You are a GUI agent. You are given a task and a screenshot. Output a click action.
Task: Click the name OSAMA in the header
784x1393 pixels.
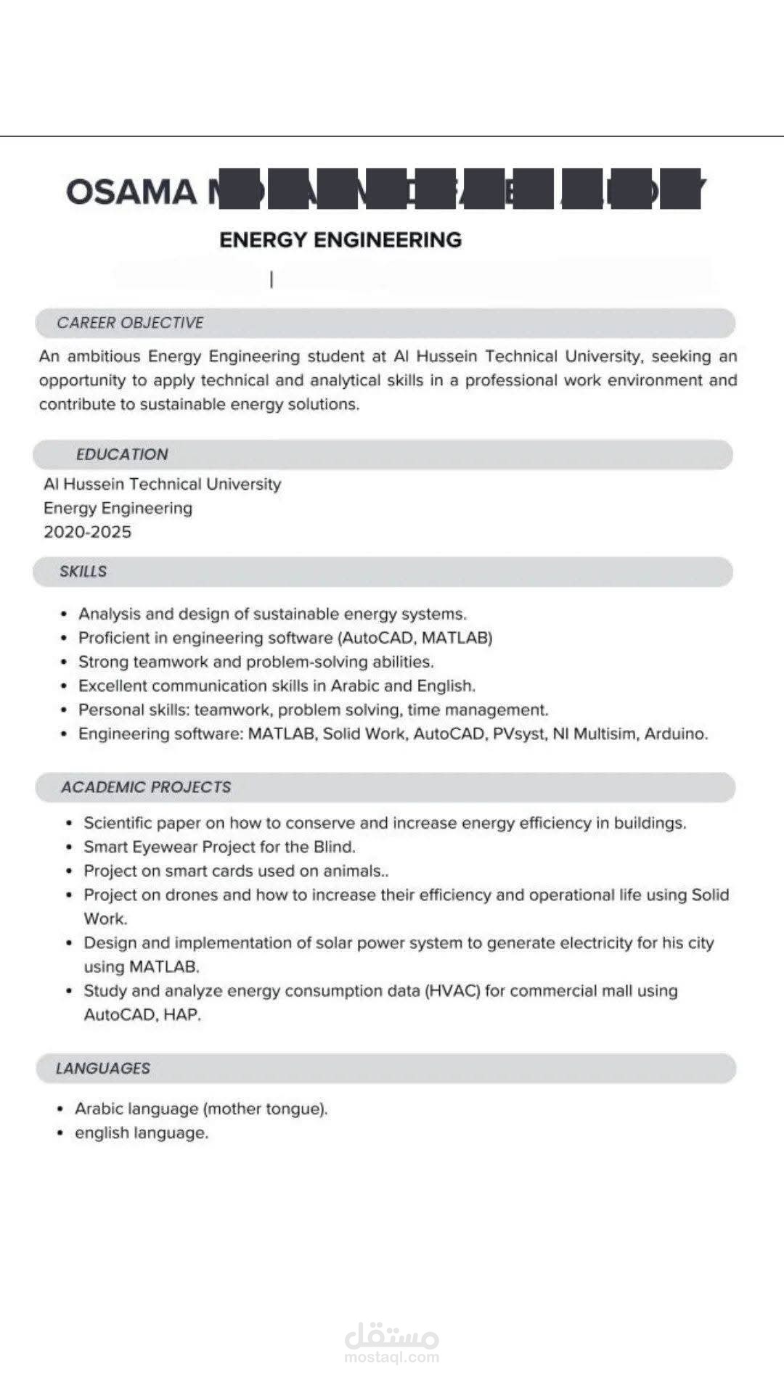pyautogui.click(x=131, y=192)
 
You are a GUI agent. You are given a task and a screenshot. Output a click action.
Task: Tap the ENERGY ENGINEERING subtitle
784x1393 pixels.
pyautogui.click(x=340, y=240)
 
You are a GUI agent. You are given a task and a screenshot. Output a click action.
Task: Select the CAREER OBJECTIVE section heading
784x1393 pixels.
pyautogui.click(x=130, y=323)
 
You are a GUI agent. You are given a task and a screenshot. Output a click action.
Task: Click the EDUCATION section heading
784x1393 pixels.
pyautogui.click(x=122, y=455)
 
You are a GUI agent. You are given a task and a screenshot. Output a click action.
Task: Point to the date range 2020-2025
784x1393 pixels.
pyautogui.click(x=87, y=533)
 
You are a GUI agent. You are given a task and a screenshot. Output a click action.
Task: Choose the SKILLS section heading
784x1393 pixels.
pyautogui.click(x=83, y=572)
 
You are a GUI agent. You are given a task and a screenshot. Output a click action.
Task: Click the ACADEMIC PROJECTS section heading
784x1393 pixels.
pyautogui.click(x=146, y=787)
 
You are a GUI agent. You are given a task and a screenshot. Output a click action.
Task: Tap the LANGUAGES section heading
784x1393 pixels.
pyautogui.click(x=102, y=1069)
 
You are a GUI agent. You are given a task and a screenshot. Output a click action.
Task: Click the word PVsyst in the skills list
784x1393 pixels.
pyautogui.click(x=518, y=734)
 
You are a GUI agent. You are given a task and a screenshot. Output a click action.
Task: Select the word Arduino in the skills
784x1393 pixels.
pyautogui.click(x=674, y=734)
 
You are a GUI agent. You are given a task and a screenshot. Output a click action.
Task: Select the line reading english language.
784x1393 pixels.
pyautogui.click(x=142, y=1133)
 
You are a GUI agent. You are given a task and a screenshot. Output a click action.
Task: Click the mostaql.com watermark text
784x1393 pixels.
pyautogui.click(x=392, y=1357)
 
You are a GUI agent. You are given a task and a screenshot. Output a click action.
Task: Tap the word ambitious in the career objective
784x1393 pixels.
pyautogui.click(x=104, y=357)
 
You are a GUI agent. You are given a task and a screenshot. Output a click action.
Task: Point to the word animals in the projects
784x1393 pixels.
pyautogui.click(x=351, y=871)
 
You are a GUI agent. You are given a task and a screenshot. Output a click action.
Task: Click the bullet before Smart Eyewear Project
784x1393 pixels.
pyautogui.click(x=69, y=847)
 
